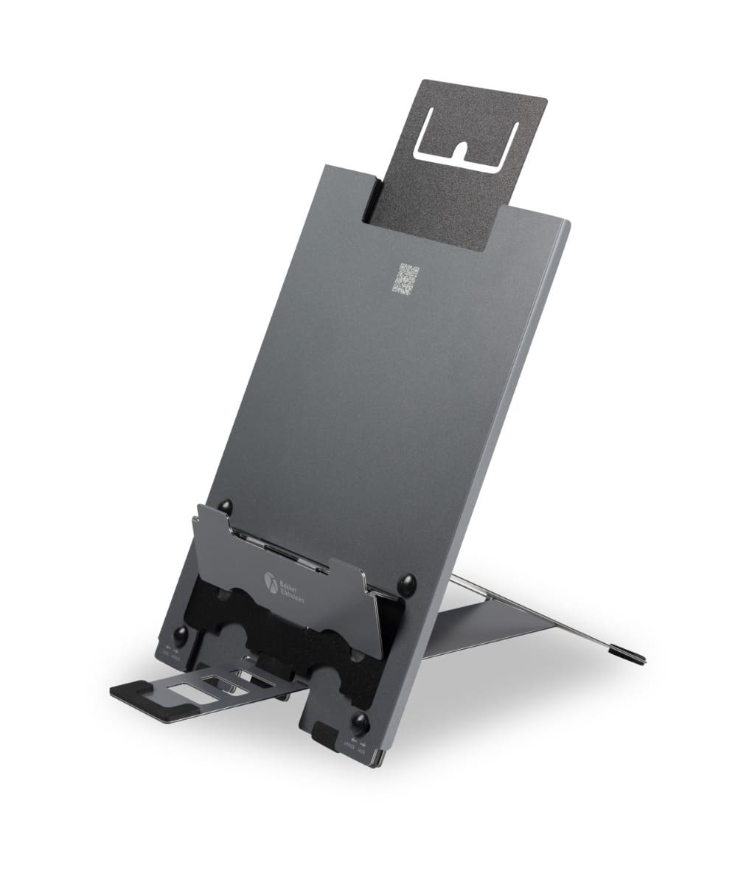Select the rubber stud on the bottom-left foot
[x=179, y=636]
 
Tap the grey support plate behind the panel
[x=487, y=627]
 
